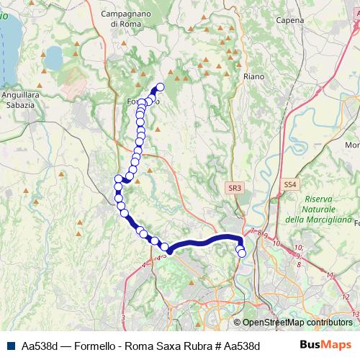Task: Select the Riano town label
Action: [x=255, y=76]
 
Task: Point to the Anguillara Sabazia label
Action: [x=19, y=100]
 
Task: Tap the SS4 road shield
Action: [x=290, y=185]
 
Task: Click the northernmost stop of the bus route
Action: [x=161, y=88]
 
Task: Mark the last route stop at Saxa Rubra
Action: [x=242, y=253]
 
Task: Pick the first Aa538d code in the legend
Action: [x=40, y=346]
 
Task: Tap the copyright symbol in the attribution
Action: [x=238, y=323]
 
